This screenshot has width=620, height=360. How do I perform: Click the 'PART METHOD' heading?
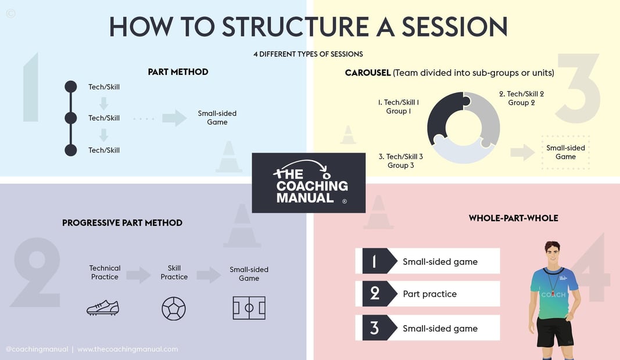tap(178, 72)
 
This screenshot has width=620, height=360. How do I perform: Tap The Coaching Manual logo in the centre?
tap(309, 182)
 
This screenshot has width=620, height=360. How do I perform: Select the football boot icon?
tap(103, 308)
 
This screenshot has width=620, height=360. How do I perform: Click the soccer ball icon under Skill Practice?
tap(174, 308)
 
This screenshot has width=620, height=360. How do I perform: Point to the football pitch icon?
tap(249, 308)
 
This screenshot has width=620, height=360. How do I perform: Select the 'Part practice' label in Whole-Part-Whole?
tap(429, 294)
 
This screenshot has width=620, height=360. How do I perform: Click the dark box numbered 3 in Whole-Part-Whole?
tap(375, 328)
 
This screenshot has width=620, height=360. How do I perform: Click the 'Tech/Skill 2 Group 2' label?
tap(521, 98)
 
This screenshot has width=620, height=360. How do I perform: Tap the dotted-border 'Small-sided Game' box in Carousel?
tap(565, 152)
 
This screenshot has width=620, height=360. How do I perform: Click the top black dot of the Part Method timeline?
tap(70, 87)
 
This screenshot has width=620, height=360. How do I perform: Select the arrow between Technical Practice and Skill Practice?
tap(138, 275)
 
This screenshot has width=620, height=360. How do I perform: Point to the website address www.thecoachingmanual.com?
tap(127, 349)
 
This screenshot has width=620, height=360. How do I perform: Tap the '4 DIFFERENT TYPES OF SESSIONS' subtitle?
tap(308, 54)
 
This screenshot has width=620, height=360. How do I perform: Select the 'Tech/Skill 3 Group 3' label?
tap(400, 161)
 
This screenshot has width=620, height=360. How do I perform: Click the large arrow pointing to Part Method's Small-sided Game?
tap(174, 118)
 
